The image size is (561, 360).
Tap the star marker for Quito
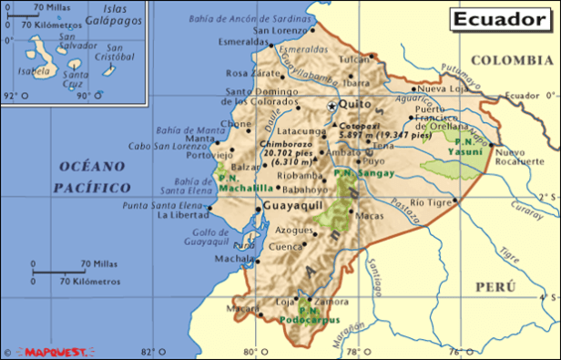331,106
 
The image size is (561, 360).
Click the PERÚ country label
495,286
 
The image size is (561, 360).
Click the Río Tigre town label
431,201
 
